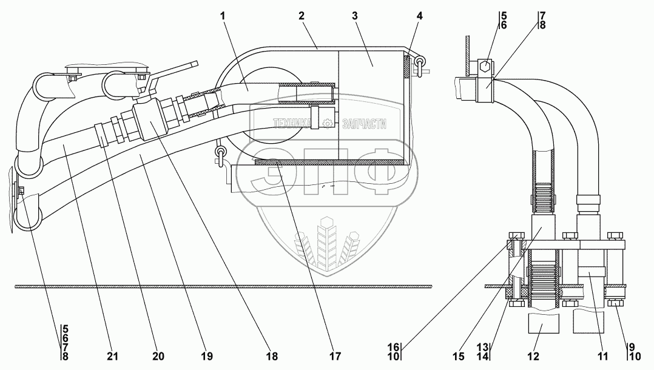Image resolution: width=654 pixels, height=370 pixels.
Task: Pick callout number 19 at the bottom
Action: pyautogui.click(x=207, y=357)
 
